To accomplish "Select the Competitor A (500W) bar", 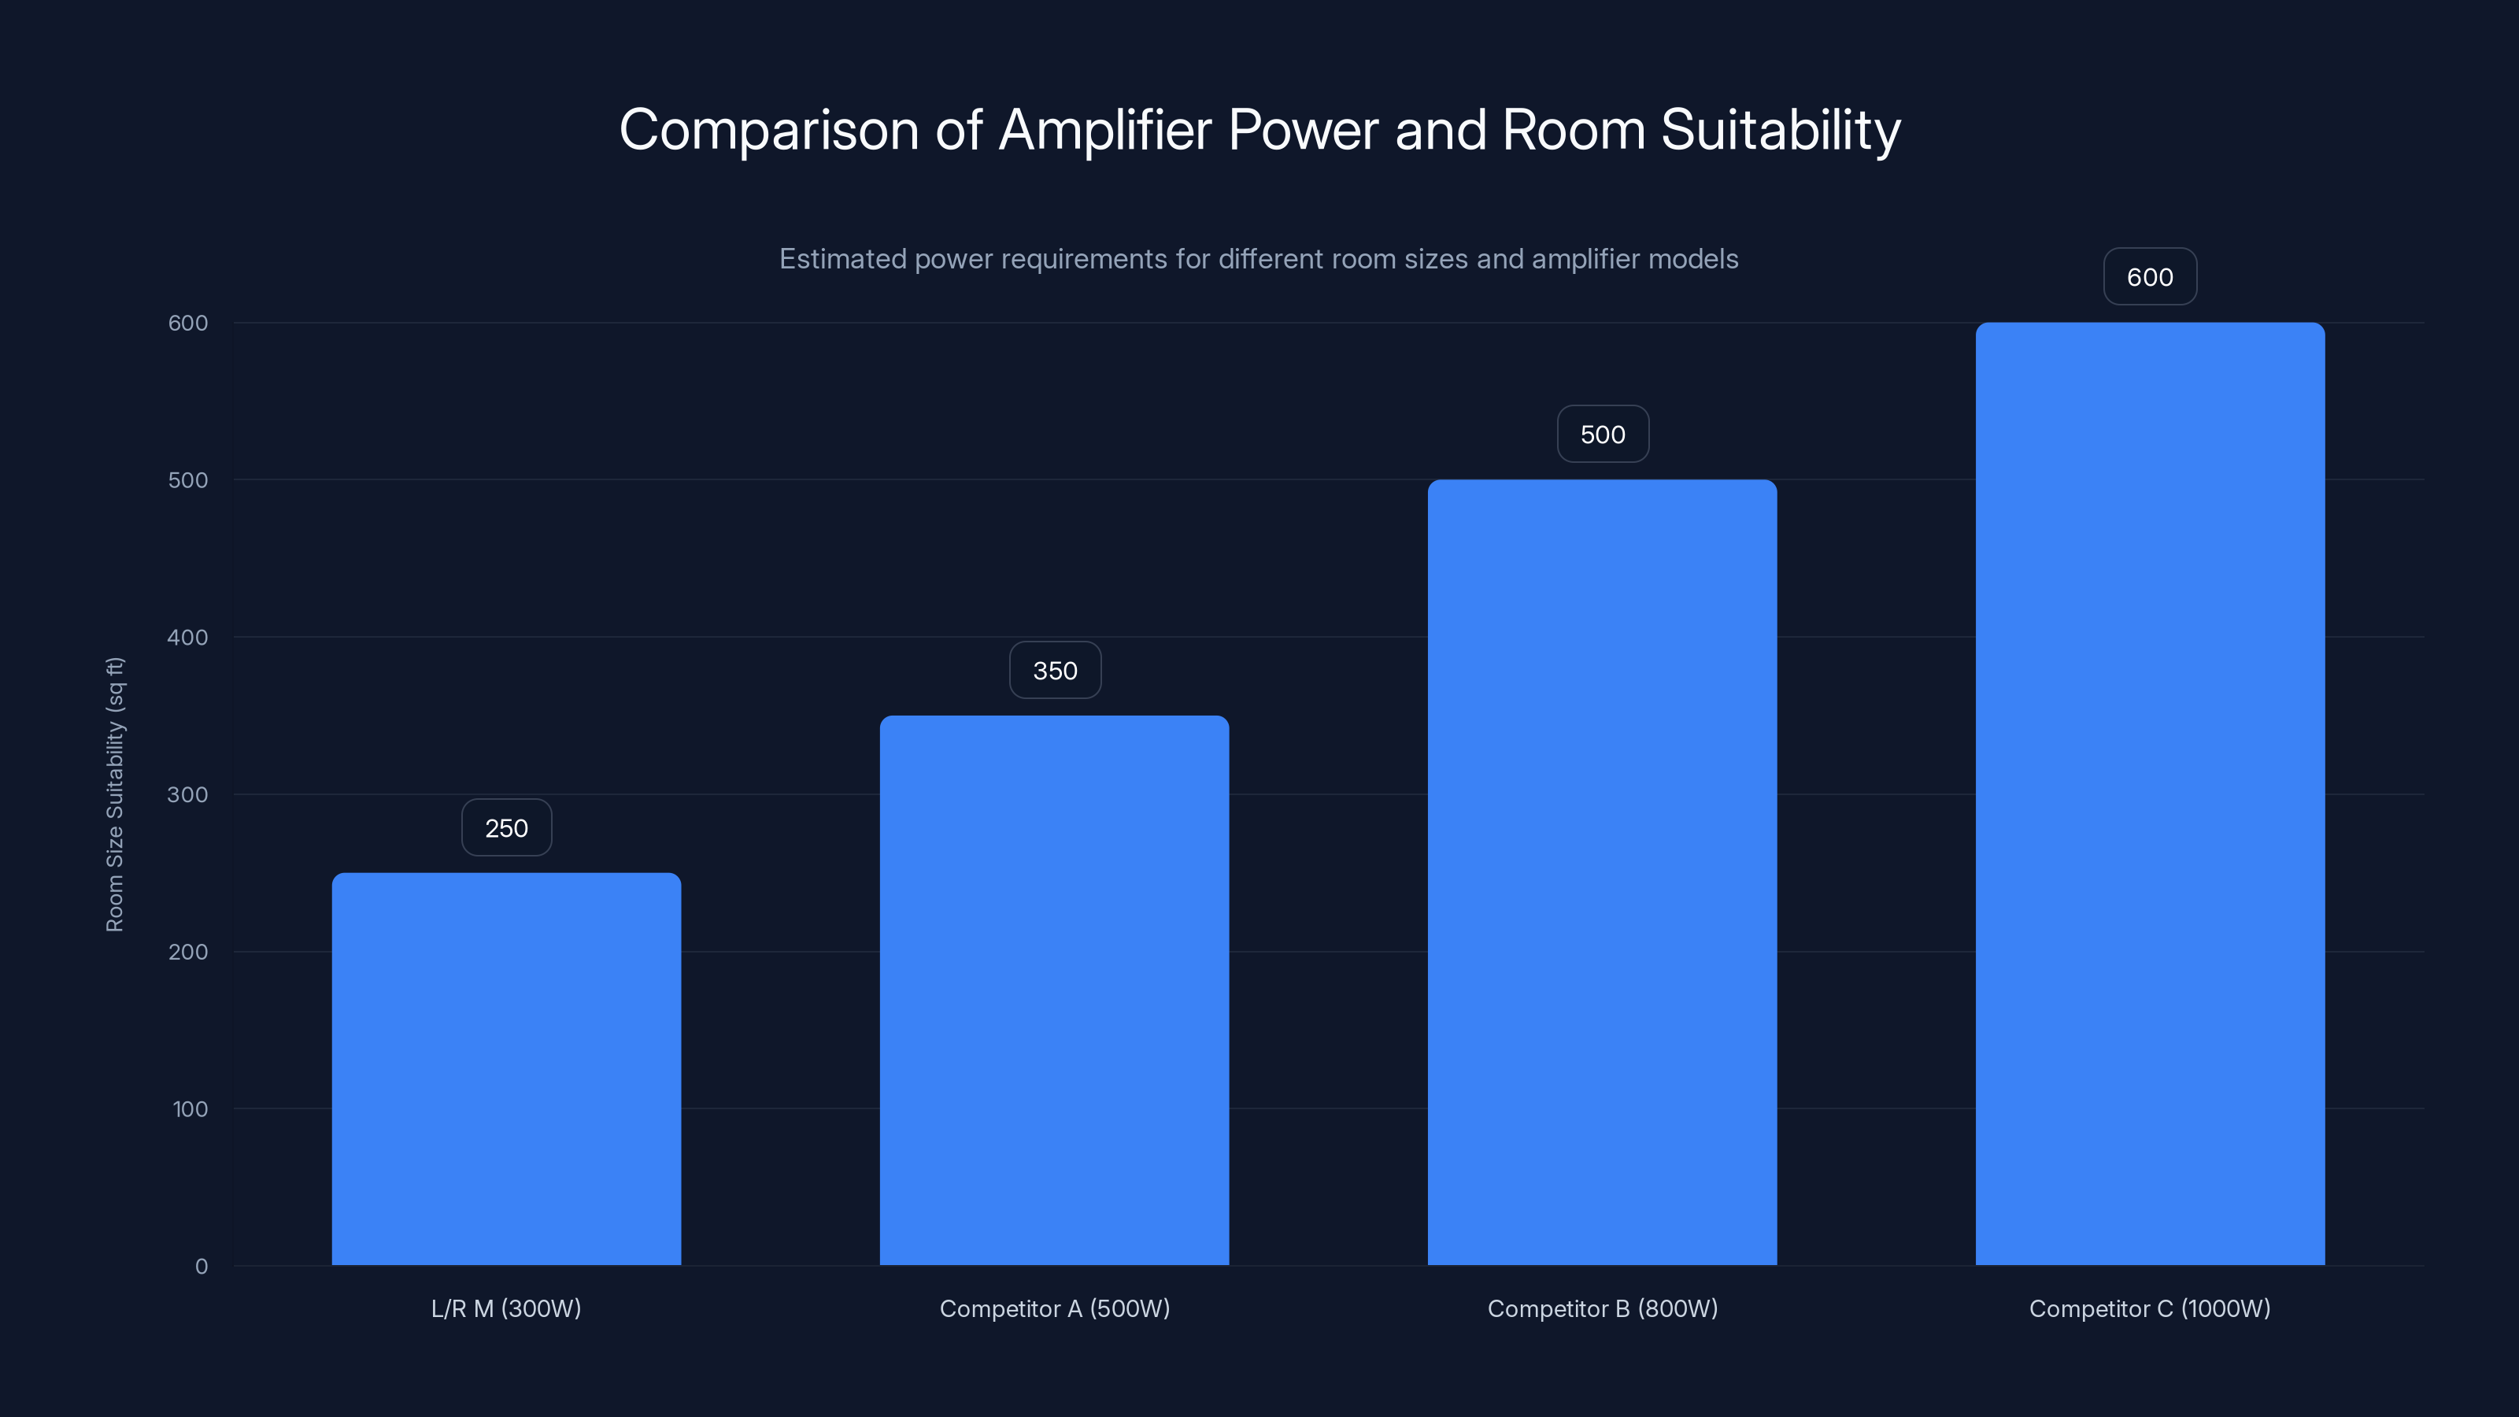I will pyautogui.click(x=1054, y=990).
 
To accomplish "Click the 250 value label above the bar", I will pyautogui.click(x=506, y=828).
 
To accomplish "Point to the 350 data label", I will pyautogui.click(x=1055, y=671).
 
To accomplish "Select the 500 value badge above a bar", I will pyautogui.click(x=1603, y=435).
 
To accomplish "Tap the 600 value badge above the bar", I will pyautogui.click(x=2149, y=277).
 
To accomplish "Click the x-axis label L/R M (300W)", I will pyautogui.click(x=505, y=1308).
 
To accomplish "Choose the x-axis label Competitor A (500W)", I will pyautogui.click(x=1054, y=1308).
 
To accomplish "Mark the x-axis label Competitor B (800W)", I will pyautogui.click(x=1602, y=1308).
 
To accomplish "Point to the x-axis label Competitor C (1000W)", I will pyautogui.click(x=2149, y=1308).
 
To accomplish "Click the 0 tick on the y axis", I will pyautogui.click(x=202, y=1267).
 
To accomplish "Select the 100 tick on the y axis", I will pyautogui.click(x=190, y=1109).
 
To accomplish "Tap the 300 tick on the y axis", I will pyautogui.click(x=188, y=794).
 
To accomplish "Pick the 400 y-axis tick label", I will pyautogui.click(x=188, y=638).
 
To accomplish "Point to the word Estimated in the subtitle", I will pyautogui.click(x=842, y=259).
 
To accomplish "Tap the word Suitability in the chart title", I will pyautogui.click(x=1780, y=130).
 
